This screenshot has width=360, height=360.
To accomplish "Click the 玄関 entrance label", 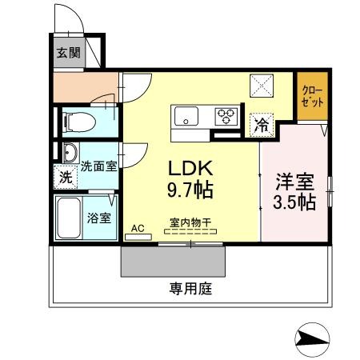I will tap(67, 54).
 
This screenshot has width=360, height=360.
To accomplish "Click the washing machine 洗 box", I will tap(65, 177).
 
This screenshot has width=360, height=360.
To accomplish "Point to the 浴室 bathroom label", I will tap(98, 217).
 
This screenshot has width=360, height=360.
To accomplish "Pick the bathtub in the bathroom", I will tap(69, 217).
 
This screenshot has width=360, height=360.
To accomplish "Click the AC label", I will tap(138, 228).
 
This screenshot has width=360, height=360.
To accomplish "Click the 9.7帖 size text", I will tap(190, 192).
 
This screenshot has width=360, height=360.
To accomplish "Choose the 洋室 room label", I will tap(294, 180).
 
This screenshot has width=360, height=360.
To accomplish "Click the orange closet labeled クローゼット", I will tap(313, 97).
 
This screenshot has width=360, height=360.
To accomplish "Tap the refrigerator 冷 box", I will tap(261, 124).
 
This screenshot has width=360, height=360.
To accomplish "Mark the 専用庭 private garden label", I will tap(190, 288).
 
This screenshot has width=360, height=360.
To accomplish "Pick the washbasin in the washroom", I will tap(68, 153).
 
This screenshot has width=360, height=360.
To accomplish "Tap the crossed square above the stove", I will tap(262, 85).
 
